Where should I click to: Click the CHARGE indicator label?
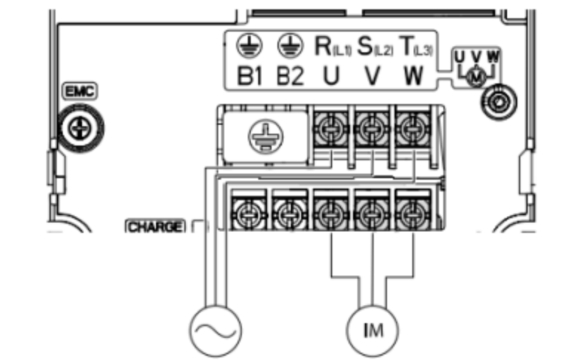tap(155, 227)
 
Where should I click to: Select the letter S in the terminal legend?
tap(364, 47)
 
